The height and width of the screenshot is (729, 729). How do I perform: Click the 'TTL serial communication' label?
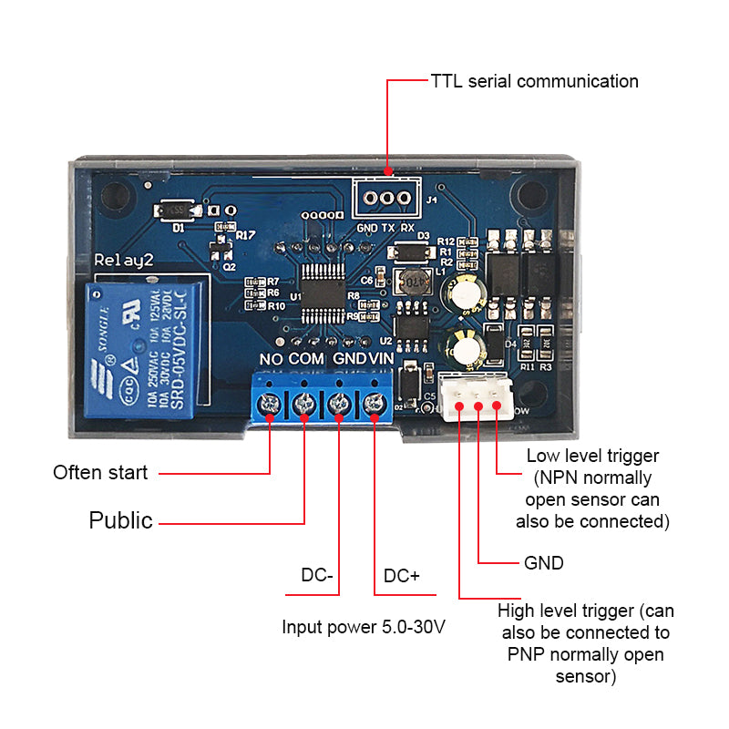click(x=534, y=81)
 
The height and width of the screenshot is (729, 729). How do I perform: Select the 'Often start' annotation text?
click(x=100, y=473)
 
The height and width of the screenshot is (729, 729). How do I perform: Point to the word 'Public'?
click(x=120, y=521)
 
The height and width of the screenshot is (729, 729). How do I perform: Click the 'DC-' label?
click(x=317, y=576)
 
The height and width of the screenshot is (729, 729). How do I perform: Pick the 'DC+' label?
click(x=402, y=576)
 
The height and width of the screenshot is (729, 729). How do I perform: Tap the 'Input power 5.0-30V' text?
click(x=364, y=627)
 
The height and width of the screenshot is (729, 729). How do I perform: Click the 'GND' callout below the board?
click(x=544, y=563)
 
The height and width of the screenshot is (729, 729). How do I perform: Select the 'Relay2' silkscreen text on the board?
click(x=125, y=262)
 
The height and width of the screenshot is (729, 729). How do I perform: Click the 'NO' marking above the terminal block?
click(x=271, y=359)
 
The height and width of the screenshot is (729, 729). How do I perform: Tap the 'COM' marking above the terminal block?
click(x=306, y=359)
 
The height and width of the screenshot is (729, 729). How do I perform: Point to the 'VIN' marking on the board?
click(x=382, y=359)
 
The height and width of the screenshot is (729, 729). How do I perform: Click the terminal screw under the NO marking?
click(x=271, y=403)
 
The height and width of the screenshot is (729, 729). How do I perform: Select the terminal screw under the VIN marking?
click(x=373, y=403)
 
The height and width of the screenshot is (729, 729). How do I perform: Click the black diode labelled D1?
click(x=178, y=211)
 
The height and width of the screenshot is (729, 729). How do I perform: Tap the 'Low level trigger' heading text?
click(x=592, y=456)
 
